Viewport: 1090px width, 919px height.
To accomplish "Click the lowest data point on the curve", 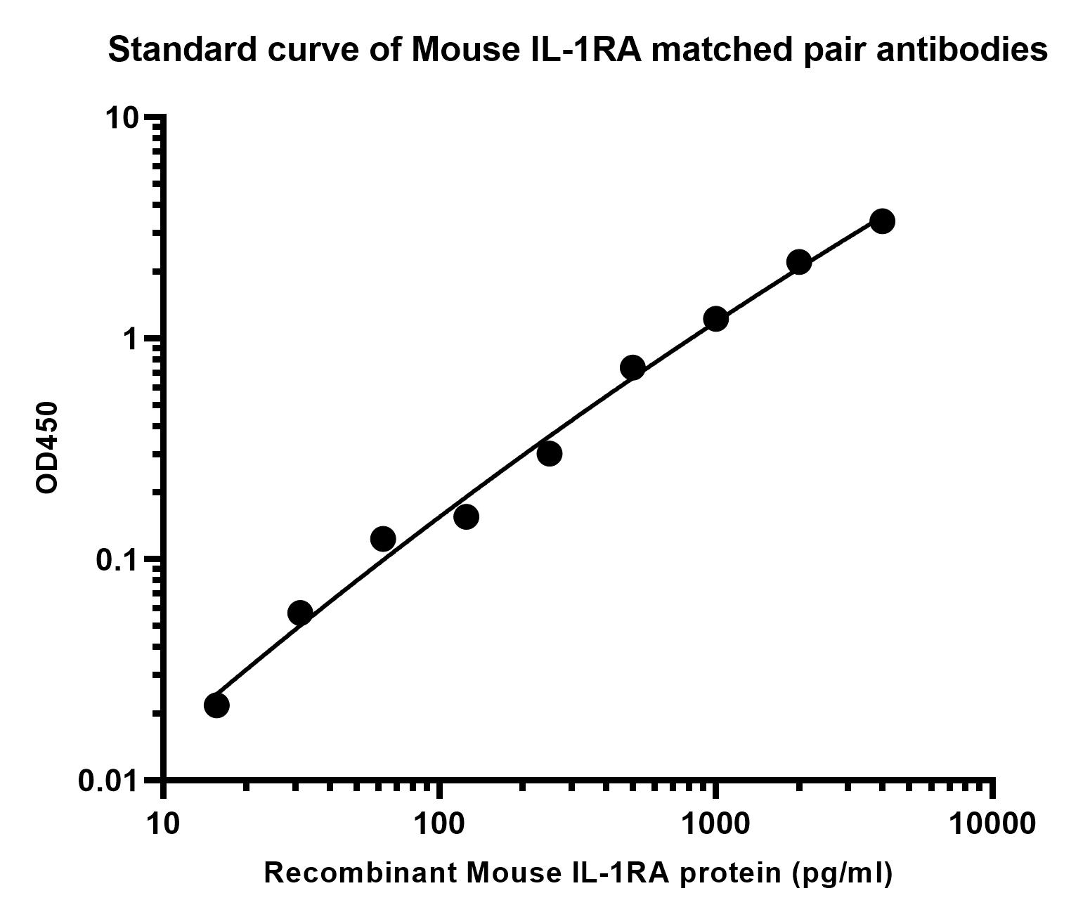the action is click(x=216, y=705).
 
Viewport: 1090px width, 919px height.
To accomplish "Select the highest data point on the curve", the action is click(x=883, y=221).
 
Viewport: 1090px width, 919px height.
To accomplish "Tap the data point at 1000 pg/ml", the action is click(x=715, y=318).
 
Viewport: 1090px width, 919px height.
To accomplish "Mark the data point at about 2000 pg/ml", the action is click(x=799, y=261).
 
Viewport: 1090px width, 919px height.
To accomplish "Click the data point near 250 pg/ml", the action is click(x=549, y=453).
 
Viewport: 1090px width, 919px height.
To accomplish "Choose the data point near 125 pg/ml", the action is click(x=466, y=516).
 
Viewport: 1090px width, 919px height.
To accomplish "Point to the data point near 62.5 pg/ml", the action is click(x=383, y=539).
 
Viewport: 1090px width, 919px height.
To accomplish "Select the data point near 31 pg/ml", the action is click(x=300, y=613).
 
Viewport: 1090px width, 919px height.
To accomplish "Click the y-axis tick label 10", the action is click(x=122, y=119).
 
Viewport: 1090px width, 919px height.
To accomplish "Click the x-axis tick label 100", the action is click(x=439, y=825).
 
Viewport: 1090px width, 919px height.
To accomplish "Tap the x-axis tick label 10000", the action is click(x=992, y=825).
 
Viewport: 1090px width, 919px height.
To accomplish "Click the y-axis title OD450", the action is click(x=46, y=448).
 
